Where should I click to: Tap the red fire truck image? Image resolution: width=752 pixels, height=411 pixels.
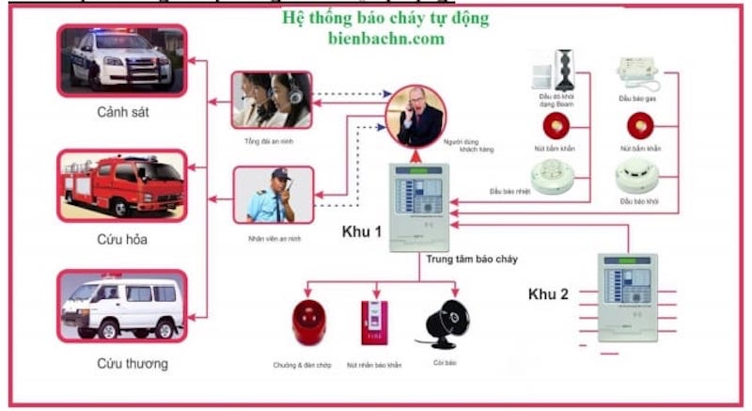[122, 183]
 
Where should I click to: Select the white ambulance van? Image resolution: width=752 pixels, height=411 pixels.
[122, 306]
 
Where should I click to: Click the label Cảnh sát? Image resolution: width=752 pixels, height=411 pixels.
[122, 113]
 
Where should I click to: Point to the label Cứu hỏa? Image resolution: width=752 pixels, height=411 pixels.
[122, 239]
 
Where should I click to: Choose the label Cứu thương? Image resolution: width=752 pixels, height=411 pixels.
[122, 362]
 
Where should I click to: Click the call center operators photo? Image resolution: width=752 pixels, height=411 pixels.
[272, 99]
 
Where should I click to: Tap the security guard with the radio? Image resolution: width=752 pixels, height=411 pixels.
[272, 195]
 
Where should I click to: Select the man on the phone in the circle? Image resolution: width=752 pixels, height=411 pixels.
[415, 114]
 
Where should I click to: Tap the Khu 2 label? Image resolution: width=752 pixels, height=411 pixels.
[548, 294]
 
